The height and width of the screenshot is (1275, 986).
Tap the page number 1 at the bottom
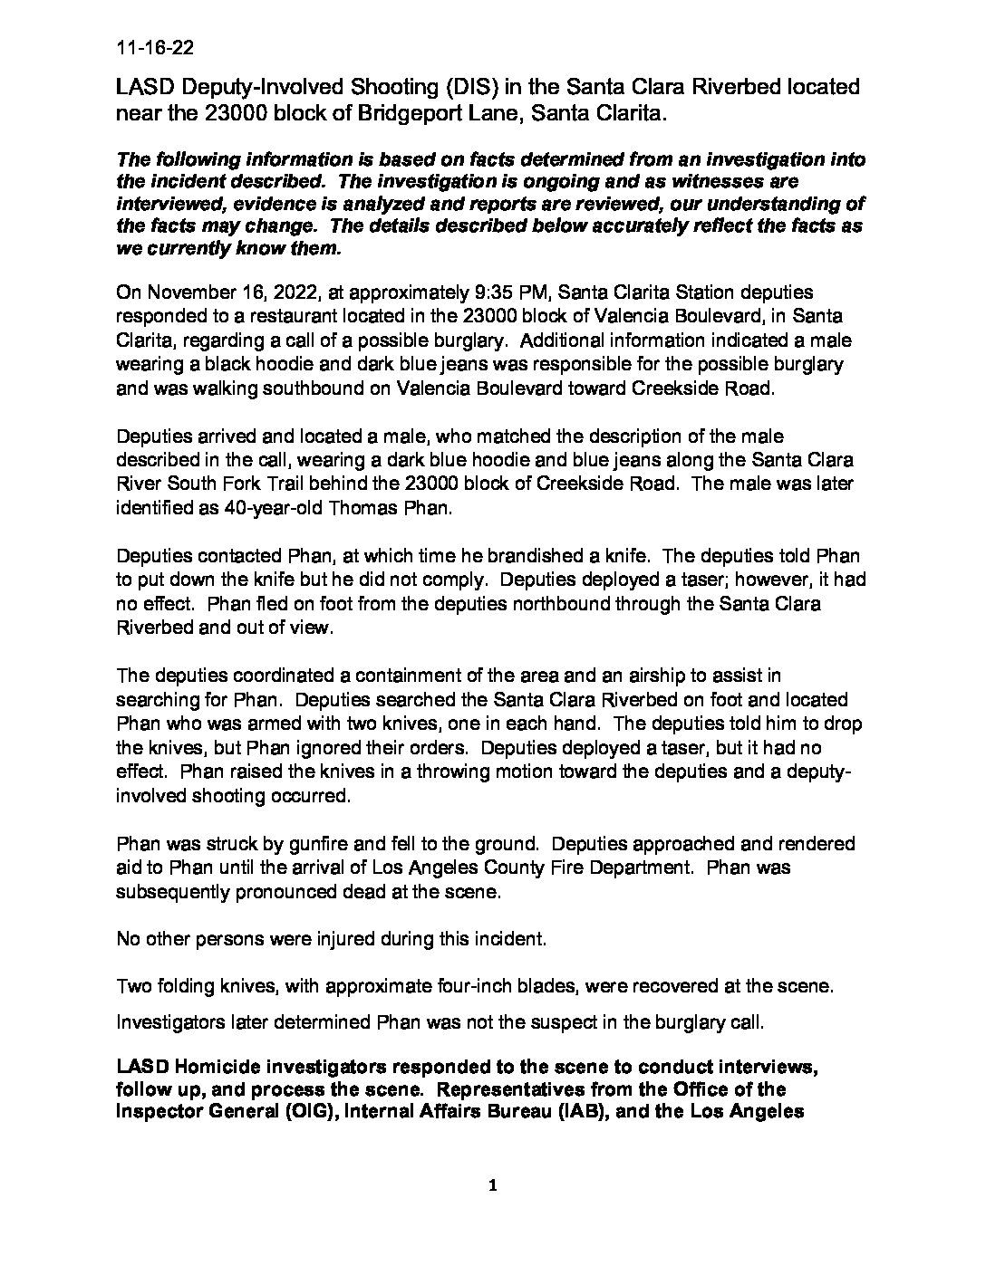tap(493, 1185)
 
